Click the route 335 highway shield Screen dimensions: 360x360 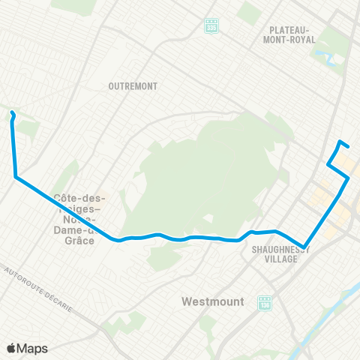coord(211,25)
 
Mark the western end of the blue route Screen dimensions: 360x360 coord(11,113)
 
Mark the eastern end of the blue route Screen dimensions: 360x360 coord(348,145)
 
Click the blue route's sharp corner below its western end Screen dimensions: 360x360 coord(16,176)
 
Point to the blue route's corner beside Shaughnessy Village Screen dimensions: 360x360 coord(304,245)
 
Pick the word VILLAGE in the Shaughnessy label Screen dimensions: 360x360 coord(283,259)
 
